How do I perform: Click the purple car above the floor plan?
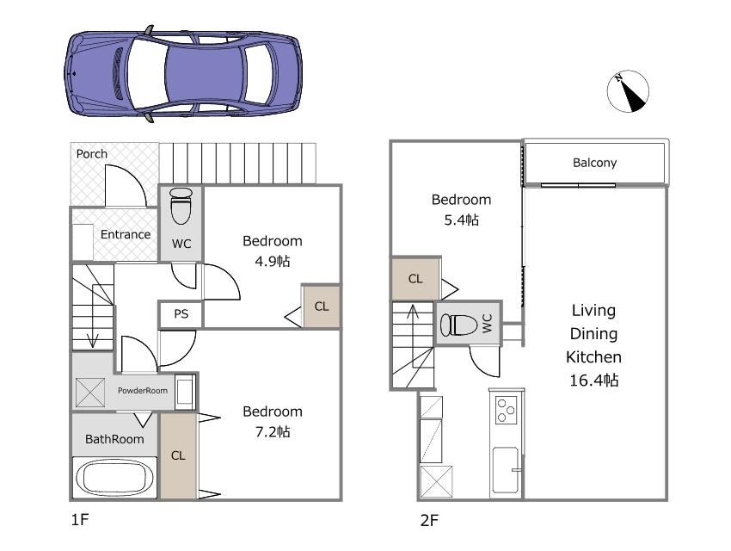182,74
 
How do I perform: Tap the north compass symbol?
628,91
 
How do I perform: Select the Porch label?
92,154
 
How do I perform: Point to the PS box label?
181,314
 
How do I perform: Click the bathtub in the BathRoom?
114,478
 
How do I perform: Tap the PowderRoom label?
143,391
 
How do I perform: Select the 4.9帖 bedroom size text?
273,261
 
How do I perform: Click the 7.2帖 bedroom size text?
273,432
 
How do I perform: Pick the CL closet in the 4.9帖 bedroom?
322,306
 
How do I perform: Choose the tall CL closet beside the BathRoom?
178,455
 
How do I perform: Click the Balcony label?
594,163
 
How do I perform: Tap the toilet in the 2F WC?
458,325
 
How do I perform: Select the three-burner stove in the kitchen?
506,410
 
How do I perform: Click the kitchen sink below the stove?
506,470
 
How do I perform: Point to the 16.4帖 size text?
594,381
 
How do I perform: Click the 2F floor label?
429,520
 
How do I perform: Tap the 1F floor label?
80,519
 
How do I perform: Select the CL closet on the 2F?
415,279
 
